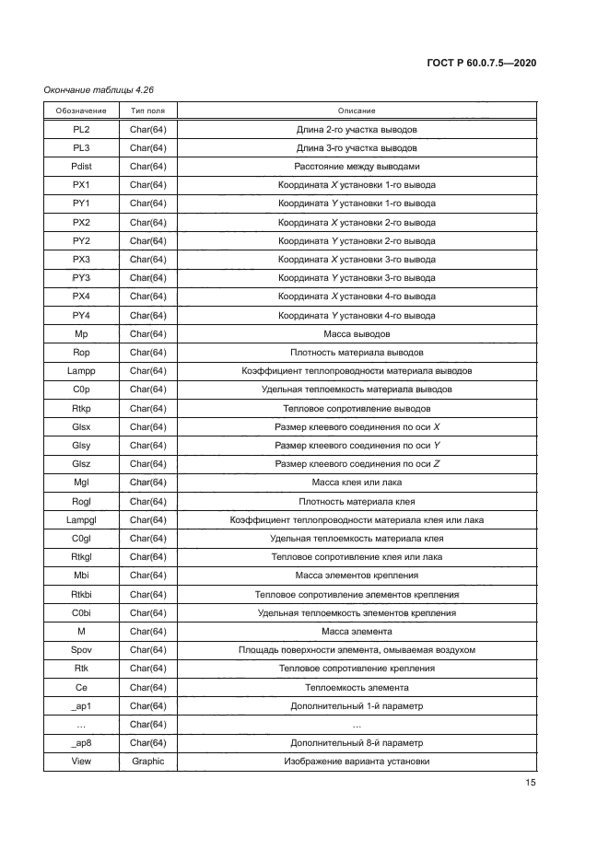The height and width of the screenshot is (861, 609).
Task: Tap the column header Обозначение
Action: click(81, 111)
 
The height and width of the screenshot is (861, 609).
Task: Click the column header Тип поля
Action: click(147, 111)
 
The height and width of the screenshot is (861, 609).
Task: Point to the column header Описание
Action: click(357, 111)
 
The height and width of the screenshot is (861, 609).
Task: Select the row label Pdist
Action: click(81, 167)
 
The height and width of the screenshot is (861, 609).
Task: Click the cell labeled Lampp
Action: click(81, 371)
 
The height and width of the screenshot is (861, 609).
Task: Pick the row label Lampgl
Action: click(81, 520)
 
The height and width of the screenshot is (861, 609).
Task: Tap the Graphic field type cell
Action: click(147, 762)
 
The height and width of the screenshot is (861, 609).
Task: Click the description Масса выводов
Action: click(357, 333)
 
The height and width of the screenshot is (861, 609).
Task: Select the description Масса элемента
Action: click(357, 632)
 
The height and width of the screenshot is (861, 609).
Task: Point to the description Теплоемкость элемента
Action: click(357, 688)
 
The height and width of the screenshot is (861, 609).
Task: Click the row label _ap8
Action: click(81, 743)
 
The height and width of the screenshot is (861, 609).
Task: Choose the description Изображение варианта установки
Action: click(357, 762)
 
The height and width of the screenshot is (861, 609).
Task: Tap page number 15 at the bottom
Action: click(531, 784)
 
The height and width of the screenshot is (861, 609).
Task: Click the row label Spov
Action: click(81, 650)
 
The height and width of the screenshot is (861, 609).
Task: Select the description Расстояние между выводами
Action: click(357, 167)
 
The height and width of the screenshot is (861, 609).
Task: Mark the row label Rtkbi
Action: click(81, 594)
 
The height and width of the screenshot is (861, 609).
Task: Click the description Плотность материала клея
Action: click(357, 502)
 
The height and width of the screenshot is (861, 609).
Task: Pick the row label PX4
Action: click(81, 297)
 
